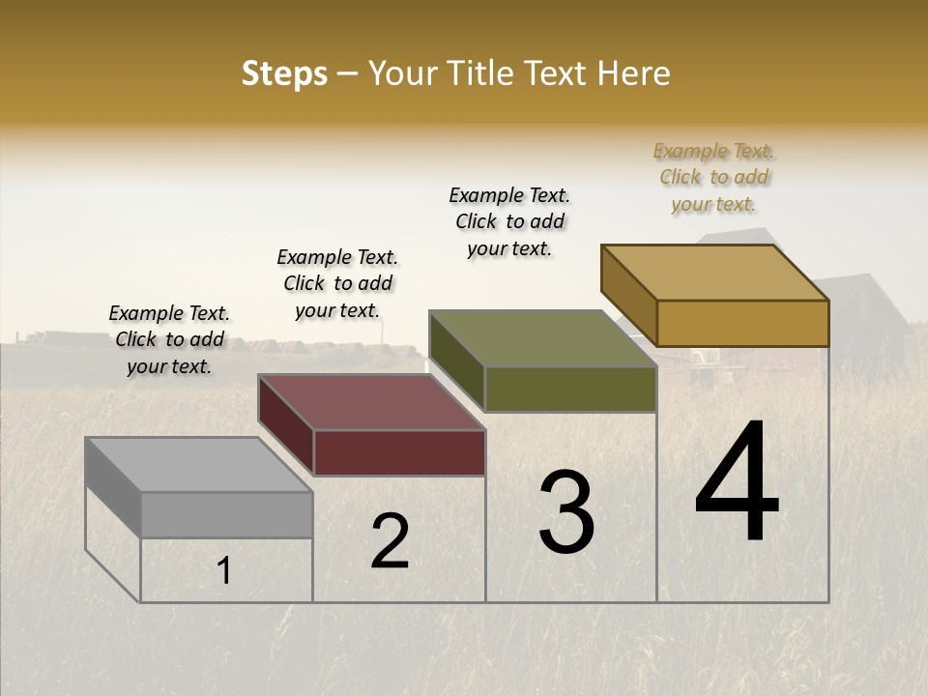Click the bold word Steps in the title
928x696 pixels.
click(284, 73)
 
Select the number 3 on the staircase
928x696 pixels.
click(566, 511)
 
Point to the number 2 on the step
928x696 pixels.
click(391, 541)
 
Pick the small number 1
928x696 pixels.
click(224, 571)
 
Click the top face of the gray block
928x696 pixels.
click(198, 464)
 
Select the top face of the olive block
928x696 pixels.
click(542, 338)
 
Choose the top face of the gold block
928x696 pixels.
click(715, 272)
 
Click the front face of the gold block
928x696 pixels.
click(742, 323)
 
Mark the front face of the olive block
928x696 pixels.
click(570, 389)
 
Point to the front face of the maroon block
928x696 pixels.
click(399, 452)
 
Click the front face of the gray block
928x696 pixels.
click(226, 514)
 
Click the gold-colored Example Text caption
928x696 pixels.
click(713, 177)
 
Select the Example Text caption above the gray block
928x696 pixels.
click(169, 339)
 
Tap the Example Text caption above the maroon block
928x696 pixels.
click(337, 283)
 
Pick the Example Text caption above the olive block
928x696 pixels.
click(509, 221)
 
